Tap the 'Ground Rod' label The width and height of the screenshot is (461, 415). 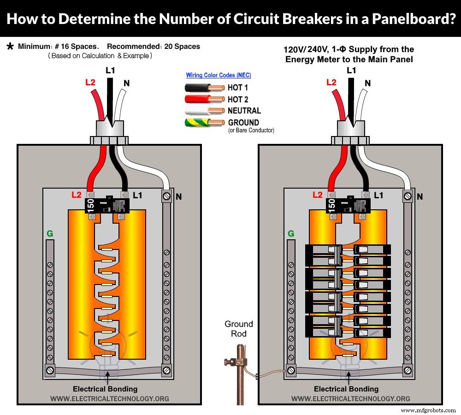click(239, 329)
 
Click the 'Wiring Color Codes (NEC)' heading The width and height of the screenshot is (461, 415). click(219, 75)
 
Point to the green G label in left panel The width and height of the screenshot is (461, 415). click(49, 234)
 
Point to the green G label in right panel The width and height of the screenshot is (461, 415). click(291, 234)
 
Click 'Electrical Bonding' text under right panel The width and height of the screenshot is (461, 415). click(346, 389)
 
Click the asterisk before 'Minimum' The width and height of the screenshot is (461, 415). click(10, 47)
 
